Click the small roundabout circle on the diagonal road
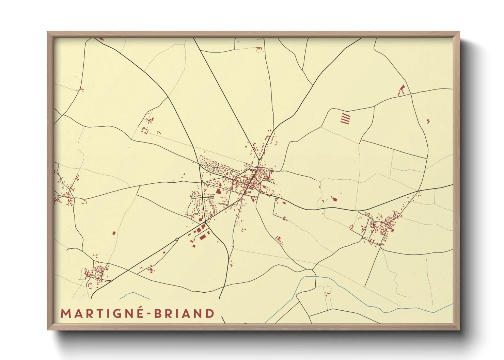(177, 239)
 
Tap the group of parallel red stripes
(345, 118)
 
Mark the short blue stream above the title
(135, 295)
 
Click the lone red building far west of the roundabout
(114, 233)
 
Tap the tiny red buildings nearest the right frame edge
(428, 121)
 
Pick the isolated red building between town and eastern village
(334, 199)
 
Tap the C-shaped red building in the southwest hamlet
(90, 284)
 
